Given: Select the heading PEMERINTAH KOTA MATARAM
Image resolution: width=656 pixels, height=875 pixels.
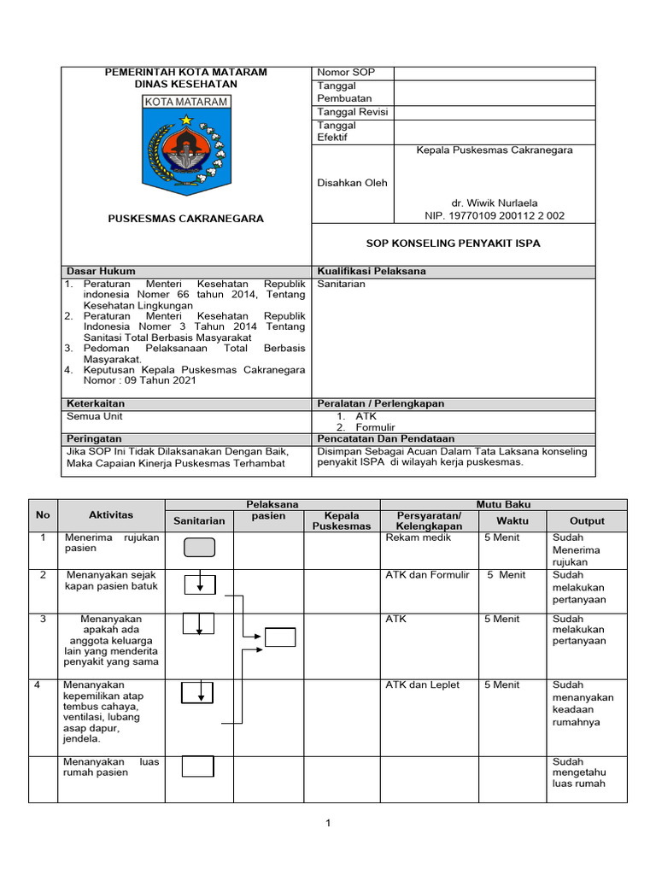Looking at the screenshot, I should [185, 73].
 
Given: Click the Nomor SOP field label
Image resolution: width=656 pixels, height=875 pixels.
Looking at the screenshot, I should [346, 73].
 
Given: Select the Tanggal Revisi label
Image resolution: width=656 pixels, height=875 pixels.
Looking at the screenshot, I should [353, 112].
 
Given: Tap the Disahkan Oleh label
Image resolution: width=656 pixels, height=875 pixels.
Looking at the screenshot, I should [352, 183].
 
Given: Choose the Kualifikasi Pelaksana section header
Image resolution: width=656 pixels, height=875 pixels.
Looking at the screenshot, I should [371, 271].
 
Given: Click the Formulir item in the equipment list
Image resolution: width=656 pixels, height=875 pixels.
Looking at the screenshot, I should [376, 427].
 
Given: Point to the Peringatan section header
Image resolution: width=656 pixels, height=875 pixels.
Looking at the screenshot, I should [94, 438].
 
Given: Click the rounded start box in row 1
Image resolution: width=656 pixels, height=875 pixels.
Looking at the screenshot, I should [199, 548].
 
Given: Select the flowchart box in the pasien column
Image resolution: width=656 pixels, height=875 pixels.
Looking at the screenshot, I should [280, 637].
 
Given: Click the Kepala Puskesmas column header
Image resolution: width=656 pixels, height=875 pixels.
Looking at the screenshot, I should [342, 521].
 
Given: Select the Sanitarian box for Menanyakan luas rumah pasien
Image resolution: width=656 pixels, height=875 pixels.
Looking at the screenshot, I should [198, 766].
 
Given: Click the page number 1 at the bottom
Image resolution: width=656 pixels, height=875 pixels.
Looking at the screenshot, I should [327, 824].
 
